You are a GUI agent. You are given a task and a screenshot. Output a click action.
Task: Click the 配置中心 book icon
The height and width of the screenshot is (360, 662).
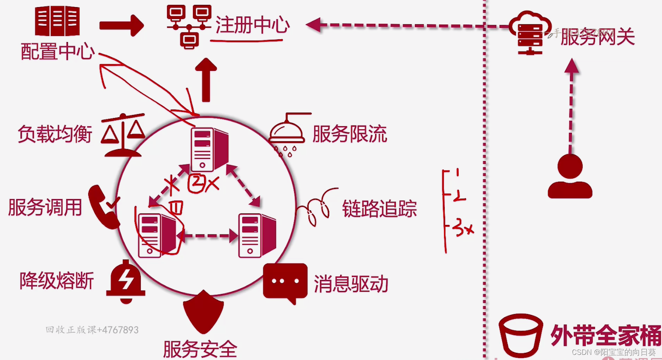click(57, 21)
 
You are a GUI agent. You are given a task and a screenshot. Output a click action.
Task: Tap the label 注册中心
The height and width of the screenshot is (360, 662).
click(252, 25)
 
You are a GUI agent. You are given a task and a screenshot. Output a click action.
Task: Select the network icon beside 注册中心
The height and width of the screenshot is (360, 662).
click(189, 26)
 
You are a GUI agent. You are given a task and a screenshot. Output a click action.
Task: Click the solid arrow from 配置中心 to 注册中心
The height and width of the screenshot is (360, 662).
click(122, 26)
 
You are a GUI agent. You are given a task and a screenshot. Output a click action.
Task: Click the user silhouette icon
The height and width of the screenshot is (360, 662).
click(570, 177)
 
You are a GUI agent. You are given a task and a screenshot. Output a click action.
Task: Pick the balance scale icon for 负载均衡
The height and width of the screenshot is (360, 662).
click(123, 135)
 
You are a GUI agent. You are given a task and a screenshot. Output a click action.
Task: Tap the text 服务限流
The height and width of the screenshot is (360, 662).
click(349, 134)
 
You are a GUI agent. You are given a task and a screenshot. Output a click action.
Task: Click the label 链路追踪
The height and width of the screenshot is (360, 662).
click(379, 209)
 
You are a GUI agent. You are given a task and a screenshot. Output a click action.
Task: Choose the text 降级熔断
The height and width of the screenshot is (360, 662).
click(57, 281)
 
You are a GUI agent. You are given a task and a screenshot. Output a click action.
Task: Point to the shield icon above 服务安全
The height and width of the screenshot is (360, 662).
click(203, 312)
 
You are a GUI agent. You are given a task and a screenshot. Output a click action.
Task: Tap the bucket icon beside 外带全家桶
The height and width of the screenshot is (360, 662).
click(520, 335)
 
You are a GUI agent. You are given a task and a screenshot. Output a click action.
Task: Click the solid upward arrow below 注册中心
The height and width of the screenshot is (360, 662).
click(206, 80)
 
